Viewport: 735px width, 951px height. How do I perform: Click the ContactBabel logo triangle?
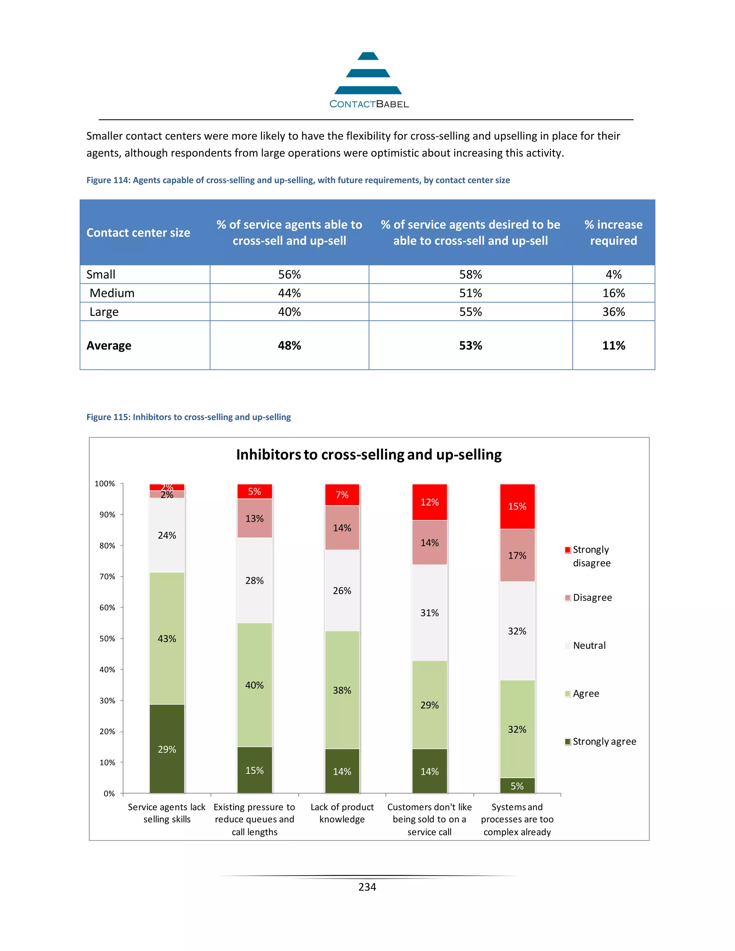368,74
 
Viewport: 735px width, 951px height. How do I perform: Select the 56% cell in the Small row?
289,274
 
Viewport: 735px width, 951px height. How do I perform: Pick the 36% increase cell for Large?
613,312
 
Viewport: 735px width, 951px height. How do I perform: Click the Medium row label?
112,293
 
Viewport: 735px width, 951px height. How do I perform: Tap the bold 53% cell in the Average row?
470,345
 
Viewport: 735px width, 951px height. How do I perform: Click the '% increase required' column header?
613,233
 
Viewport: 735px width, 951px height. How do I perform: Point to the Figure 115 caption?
188,417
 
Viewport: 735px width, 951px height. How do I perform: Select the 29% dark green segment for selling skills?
167,749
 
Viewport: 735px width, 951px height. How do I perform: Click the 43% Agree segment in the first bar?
167,638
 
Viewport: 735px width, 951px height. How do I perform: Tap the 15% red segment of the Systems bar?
517,506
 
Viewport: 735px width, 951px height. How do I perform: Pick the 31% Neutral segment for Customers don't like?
429,613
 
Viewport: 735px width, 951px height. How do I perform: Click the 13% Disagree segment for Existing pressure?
254,518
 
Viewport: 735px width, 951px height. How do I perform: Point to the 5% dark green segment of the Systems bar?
517,786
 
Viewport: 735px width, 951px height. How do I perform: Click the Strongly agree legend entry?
604,741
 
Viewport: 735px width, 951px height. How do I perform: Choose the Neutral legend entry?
589,645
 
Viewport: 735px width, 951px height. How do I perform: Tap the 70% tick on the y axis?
107,577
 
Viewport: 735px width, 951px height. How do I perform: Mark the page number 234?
367,887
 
